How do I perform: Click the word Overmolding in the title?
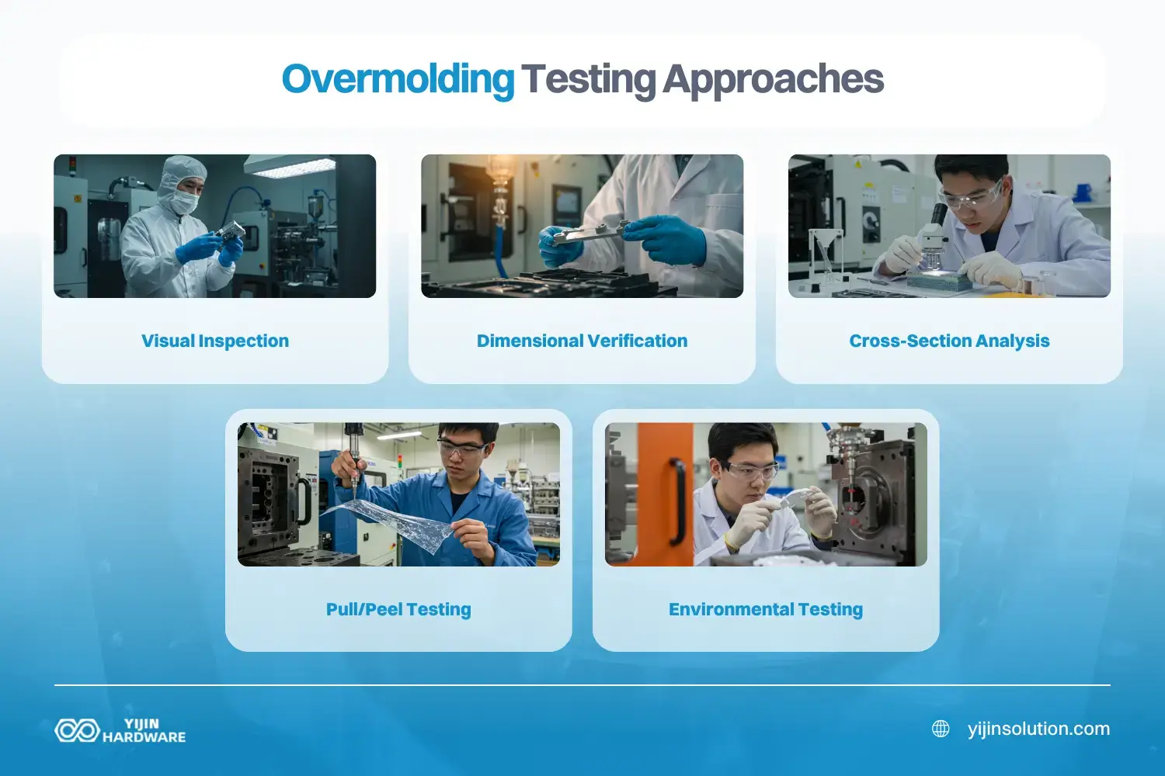397,80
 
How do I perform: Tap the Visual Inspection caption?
215,341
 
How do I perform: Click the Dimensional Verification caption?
582,341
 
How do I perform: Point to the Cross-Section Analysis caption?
949,341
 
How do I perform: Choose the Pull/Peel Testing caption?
398,609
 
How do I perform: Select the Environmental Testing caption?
766,609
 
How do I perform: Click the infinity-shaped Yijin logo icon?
76,730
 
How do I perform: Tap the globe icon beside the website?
941,729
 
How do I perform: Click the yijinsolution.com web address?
1038,729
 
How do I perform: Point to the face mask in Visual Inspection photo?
184,202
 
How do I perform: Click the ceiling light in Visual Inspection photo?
289,165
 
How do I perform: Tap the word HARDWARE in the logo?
144,737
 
